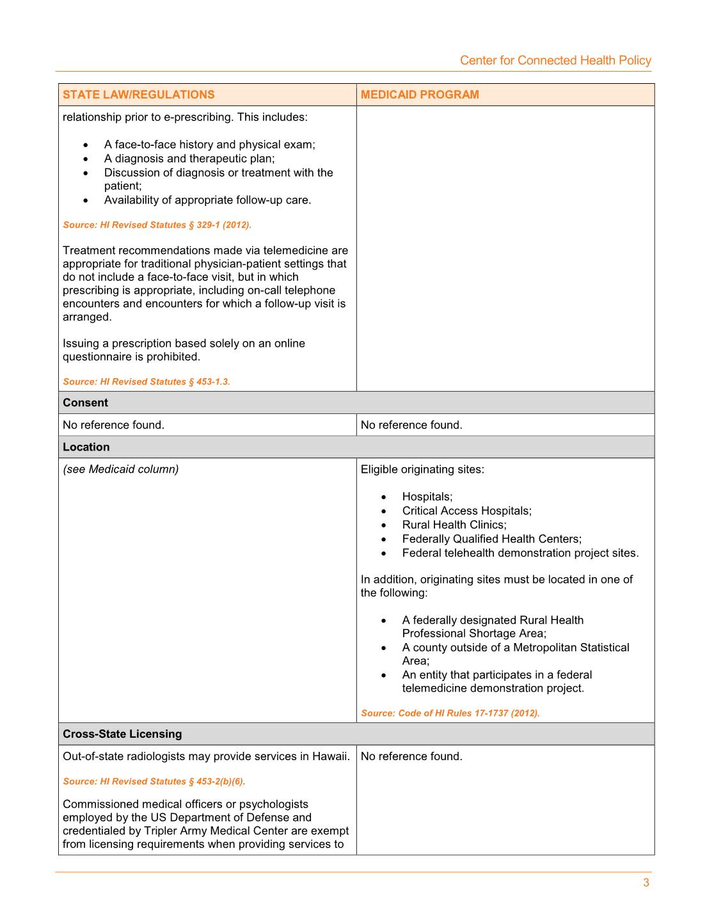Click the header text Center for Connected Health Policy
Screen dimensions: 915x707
(555, 60)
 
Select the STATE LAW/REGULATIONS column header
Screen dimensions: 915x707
(139, 95)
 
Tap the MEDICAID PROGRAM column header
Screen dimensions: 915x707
(420, 95)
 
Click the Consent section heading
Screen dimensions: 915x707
(85, 402)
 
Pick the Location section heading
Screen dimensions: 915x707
(86, 447)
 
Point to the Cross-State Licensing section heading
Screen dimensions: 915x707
(122, 734)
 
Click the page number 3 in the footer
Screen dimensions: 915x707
(646, 882)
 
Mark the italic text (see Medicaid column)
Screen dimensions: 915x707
(121, 469)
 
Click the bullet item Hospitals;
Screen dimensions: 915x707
(427, 497)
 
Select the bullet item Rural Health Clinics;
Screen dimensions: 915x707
(454, 525)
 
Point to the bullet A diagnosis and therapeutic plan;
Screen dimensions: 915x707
(189, 158)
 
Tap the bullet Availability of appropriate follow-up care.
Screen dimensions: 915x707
(207, 200)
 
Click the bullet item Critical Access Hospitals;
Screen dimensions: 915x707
(466, 511)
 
